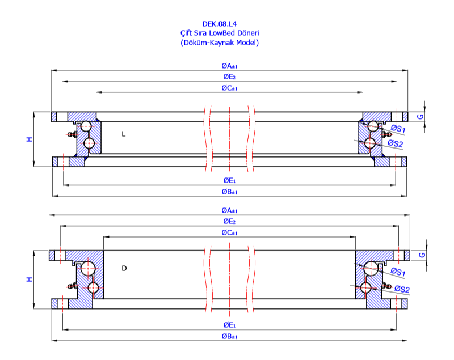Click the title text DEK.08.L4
pyautogui.click(x=219, y=24)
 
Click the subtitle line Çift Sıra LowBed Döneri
pyautogui.click(x=219, y=33)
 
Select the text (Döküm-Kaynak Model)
pyautogui.click(x=219, y=43)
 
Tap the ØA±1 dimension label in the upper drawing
pyautogui.click(x=230, y=66)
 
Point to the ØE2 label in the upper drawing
pyautogui.click(x=229, y=77)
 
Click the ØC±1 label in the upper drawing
pyautogui.click(x=230, y=88)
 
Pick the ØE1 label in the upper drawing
pyautogui.click(x=229, y=180)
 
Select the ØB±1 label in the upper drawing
pyautogui.click(x=230, y=192)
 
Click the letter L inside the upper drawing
pyautogui.click(x=123, y=134)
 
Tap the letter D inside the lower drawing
pyautogui.click(x=124, y=268)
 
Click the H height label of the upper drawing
pyautogui.click(x=30, y=139)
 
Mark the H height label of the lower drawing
pyautogui.click(x=30, y=279)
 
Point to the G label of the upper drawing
pyautogui.click(x=421, y=116)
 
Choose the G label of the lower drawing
pyautogui.click(x=421, y=255)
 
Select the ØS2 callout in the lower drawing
pyautogui.click(x=402, y=290)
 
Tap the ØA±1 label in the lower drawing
pyautogui.click(x=230, y=210)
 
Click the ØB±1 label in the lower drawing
pyautogui.click(x=230, y=336)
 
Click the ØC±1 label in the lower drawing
pyautogui.click(x=230, y=232)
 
